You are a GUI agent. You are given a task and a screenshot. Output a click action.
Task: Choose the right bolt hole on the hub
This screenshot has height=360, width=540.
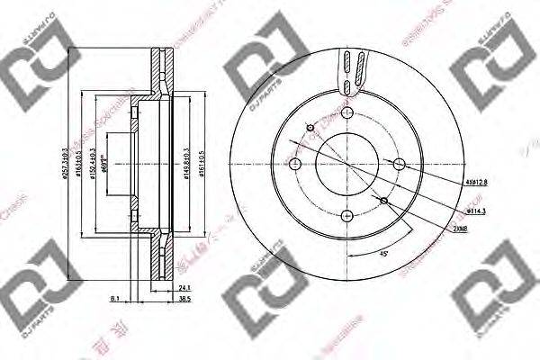tap(397, 163)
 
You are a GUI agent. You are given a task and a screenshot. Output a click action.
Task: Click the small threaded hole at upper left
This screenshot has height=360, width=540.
tap(310, 129)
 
